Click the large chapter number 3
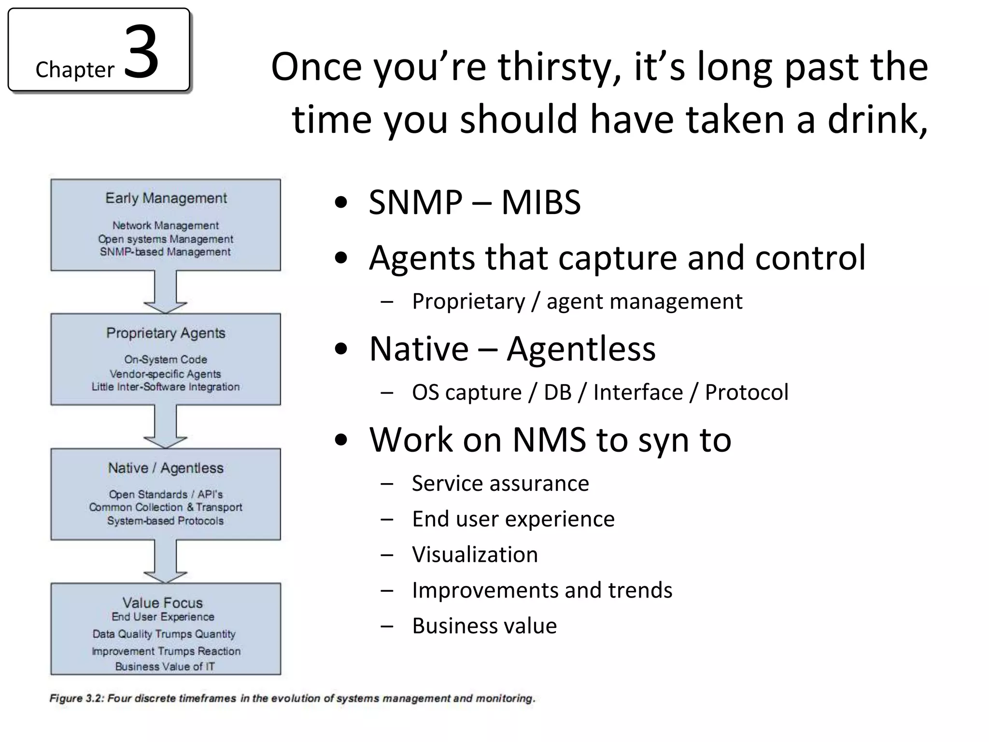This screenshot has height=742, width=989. tap(141, 52)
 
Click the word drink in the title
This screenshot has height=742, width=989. tap(875, 119)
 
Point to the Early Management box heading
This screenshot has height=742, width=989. tap(166, 198)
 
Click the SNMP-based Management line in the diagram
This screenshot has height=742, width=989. tap(165, 252)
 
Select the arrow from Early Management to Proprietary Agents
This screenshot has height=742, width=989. tap(165, 292)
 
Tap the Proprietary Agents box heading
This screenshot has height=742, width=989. tap(166, 333)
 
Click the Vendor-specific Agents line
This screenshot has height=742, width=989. tap(165, 373)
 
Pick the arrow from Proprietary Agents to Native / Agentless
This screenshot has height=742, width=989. tap(165, 427)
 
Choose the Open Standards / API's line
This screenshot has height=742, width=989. tap(166, 494)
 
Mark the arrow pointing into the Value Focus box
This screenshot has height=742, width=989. tap(165, 561)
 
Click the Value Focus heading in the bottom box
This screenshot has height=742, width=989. tap(163, 602)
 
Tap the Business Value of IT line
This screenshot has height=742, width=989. tap(165, 666)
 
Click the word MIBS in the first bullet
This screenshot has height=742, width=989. tap(541, 202)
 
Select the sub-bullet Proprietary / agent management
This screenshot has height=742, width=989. tap(577, 301)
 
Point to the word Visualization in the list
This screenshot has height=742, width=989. tap(475, 554)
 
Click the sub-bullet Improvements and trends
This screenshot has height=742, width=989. tap(542, 590)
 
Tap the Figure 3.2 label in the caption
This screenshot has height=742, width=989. tap(76, 699)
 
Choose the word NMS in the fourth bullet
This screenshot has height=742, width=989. tap(550, 440)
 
